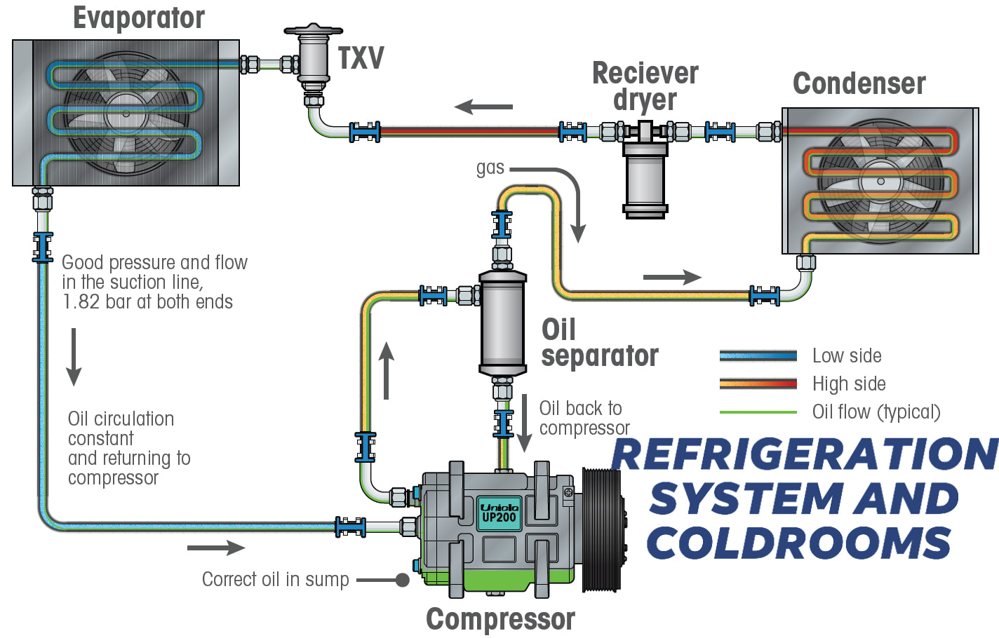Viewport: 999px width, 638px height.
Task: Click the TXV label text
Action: coord(361,58)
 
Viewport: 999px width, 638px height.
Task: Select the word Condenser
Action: coord(859,83)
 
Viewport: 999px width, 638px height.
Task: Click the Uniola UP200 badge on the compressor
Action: coord(499,513)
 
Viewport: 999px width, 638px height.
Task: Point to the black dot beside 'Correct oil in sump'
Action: coord(402,580)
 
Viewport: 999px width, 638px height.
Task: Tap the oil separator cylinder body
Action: coord(502,323)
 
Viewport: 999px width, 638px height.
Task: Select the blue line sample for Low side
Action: coord(758,355)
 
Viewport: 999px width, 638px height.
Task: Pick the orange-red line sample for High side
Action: coord(758,384)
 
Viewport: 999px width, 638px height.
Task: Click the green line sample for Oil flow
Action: coord(758,412)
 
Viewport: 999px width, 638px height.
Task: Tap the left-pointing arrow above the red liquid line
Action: coord(483,107)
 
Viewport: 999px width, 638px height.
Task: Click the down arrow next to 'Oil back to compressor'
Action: coord(525,423)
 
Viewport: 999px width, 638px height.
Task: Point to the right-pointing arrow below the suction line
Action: coord(216,548)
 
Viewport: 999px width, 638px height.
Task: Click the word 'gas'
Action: coord(490,168)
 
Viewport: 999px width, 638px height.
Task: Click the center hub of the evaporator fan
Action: coord(126,114)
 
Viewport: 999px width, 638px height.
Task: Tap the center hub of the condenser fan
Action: coord(880,181)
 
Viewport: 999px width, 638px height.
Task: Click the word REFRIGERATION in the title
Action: coord(805,454)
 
